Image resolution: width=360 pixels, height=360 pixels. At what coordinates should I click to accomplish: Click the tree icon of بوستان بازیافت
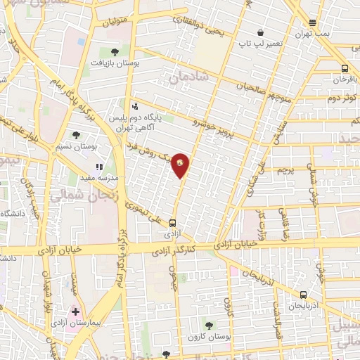coord(115,51)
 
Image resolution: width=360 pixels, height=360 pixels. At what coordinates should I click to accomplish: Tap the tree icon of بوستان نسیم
coord(77,134)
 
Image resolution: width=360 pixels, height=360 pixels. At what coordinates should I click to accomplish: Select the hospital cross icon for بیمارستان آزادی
coord(75,311)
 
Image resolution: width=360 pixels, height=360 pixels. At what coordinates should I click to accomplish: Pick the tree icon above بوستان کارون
coord(209,325)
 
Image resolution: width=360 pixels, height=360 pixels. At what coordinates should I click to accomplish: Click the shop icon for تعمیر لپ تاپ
coord(261,32)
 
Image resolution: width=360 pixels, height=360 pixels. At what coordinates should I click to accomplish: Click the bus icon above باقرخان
coord(345,68)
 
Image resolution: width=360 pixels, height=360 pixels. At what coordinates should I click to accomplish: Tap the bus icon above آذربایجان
coord(303,295)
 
